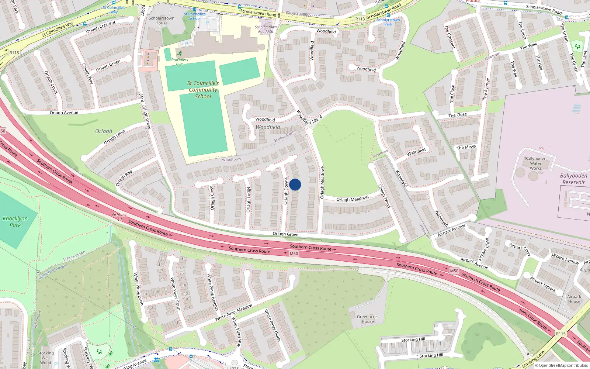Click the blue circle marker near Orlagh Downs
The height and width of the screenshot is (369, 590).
point(295,184)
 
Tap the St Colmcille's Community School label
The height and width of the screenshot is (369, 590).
point(203,90)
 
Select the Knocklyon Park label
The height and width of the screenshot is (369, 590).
point(15,221)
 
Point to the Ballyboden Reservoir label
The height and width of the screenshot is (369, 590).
point(573,179)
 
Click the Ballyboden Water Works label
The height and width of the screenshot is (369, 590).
point(536,163)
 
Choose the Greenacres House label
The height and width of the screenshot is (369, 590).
point(368,319)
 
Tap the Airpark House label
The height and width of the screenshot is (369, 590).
point(574,299)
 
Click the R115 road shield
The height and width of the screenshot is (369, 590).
point(561,334)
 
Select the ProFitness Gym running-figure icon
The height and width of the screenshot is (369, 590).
point(180,54)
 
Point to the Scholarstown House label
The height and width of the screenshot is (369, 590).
point(162,20)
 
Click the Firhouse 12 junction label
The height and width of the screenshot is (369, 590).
point(120,217)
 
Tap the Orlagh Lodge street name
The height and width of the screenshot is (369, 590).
point(249,200)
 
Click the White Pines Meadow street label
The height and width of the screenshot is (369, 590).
point(234,312)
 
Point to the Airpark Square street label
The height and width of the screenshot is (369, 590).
point(543,284)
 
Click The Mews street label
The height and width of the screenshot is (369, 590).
point(466,147)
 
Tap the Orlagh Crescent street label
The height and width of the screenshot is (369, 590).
point(101,27)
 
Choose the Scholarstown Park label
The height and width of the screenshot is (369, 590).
point(388,22)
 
